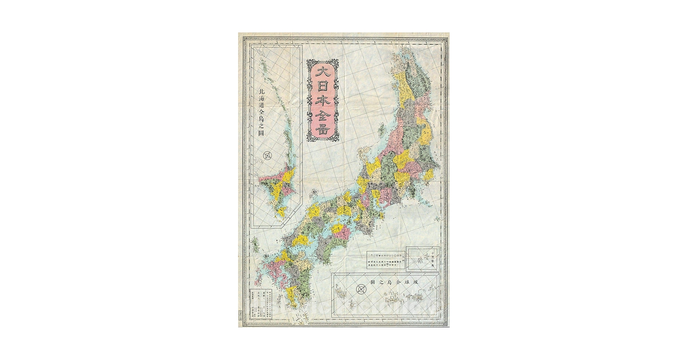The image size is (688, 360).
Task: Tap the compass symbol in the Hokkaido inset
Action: point(268,156)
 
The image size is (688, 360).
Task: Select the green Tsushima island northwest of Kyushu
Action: point(255,246)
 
